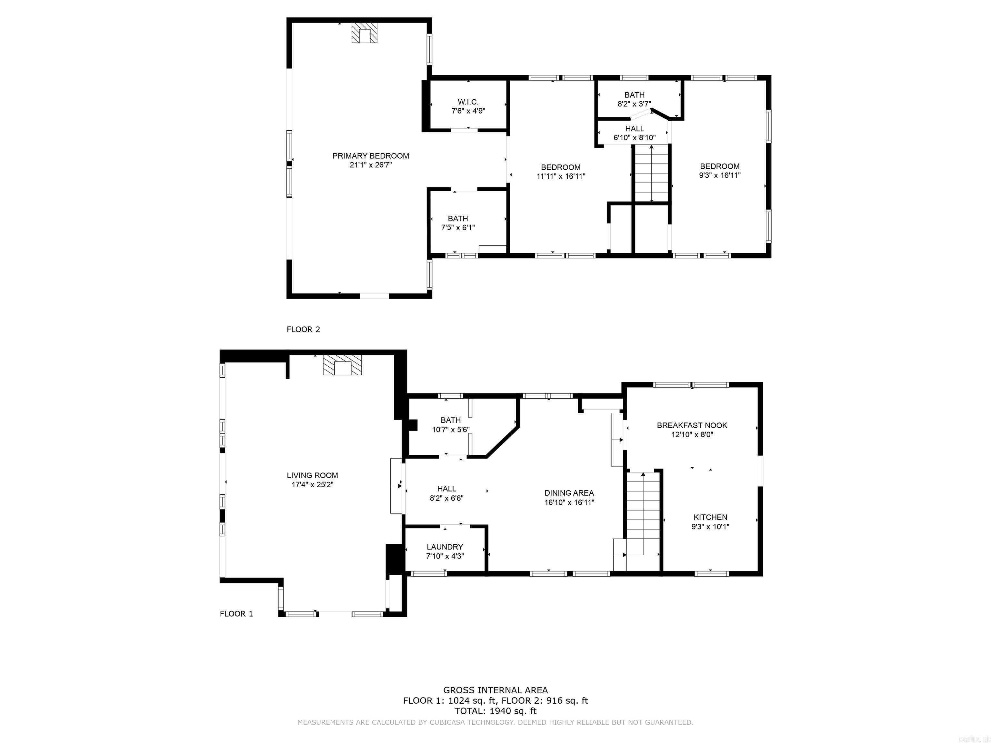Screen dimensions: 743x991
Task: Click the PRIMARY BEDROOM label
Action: pos(371,156)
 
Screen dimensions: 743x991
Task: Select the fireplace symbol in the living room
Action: pos(342,365)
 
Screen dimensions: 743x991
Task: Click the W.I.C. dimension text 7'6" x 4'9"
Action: pos(468,111)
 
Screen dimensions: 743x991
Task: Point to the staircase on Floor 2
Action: pos(651,174)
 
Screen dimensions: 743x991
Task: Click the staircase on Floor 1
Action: pos(643,515)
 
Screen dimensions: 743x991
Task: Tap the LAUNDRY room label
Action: pos(445,547)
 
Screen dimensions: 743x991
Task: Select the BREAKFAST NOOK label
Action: pos(692,425)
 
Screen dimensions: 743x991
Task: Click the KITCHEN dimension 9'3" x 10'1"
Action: pos(710,527)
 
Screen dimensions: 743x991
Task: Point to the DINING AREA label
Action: pos(569,493)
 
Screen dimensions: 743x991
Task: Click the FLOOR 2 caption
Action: pos(303,329)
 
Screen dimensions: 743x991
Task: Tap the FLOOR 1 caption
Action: pos(236,614)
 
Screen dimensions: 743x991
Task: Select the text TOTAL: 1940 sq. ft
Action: pos(495,711)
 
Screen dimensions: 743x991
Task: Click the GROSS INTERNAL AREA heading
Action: pos(495,690)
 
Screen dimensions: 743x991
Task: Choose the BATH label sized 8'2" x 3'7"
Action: pos(635,95)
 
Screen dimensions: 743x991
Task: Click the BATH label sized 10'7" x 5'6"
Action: pos(450,420)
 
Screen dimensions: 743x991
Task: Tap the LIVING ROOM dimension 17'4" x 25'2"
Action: pos(312,485)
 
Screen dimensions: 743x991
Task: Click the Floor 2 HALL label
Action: pos(635,129)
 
